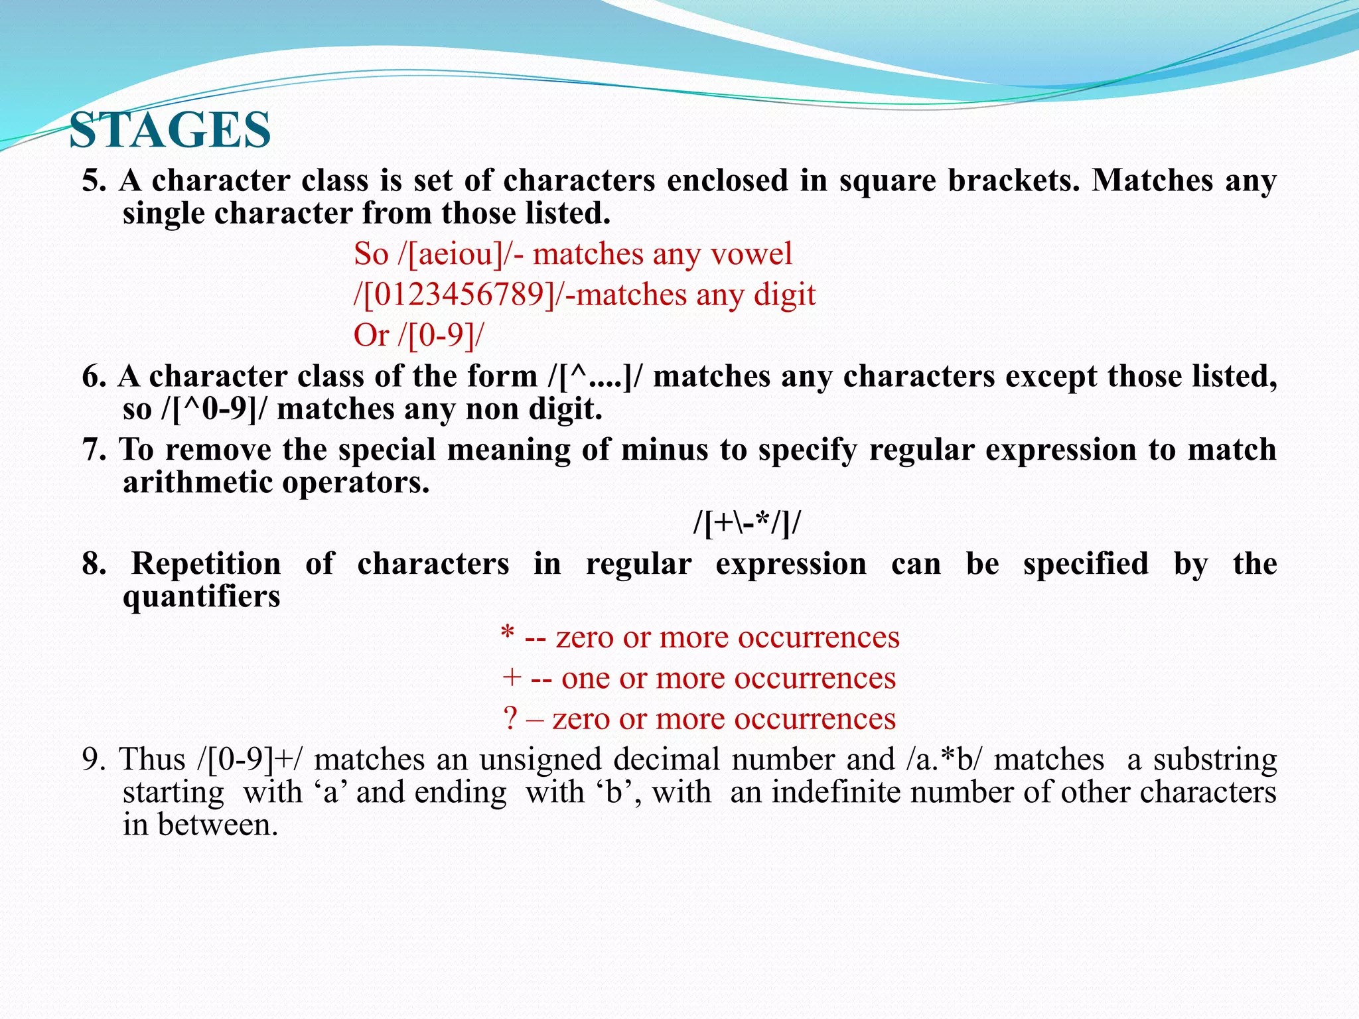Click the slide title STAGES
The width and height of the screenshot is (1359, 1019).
coord(170,130)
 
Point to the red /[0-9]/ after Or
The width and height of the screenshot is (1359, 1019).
coord(441,336)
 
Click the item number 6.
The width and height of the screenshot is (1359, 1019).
coord(94,377)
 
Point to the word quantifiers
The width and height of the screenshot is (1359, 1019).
coord(201,596)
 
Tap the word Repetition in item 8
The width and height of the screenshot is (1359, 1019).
coord(206,565)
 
